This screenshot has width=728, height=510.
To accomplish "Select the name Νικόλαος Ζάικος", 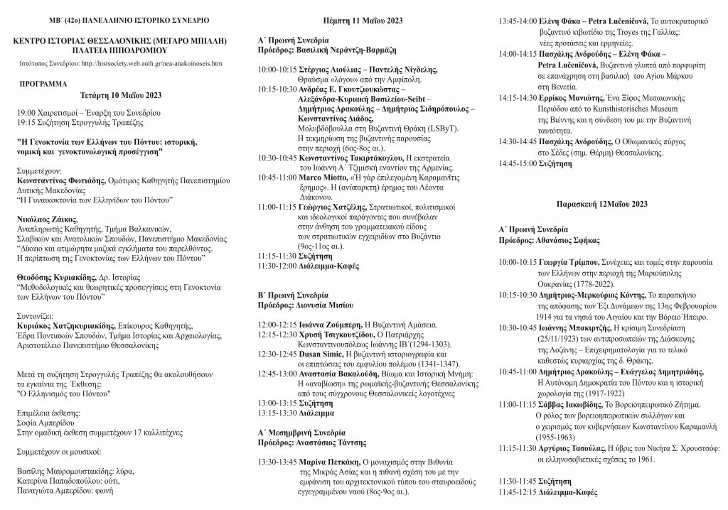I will (46, 219).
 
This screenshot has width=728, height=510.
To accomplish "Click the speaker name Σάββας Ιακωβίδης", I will (569, 403).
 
